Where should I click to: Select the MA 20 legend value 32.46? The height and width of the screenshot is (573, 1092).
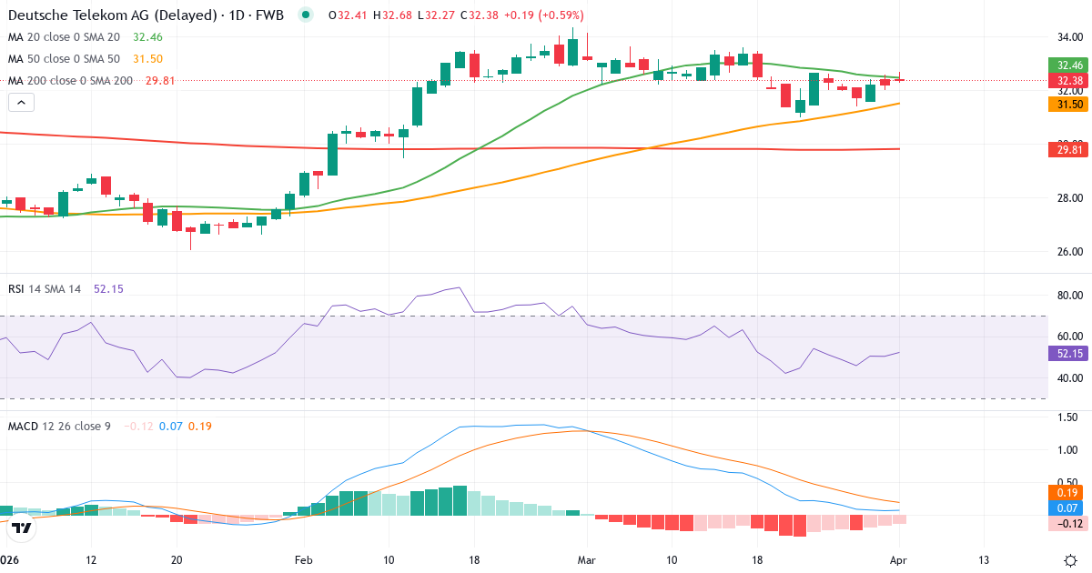147,37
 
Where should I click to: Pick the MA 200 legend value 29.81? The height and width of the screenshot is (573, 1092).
160,80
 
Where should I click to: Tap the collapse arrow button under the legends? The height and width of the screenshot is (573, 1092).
21,103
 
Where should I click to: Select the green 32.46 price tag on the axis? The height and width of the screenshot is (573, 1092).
1069,65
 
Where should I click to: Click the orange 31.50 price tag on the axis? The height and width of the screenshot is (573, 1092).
1069,105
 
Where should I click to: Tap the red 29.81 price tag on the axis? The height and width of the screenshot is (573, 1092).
1069,149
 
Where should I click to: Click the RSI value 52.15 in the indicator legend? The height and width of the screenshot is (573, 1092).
108,288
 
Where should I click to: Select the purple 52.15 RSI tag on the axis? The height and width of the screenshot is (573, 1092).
1069,353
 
